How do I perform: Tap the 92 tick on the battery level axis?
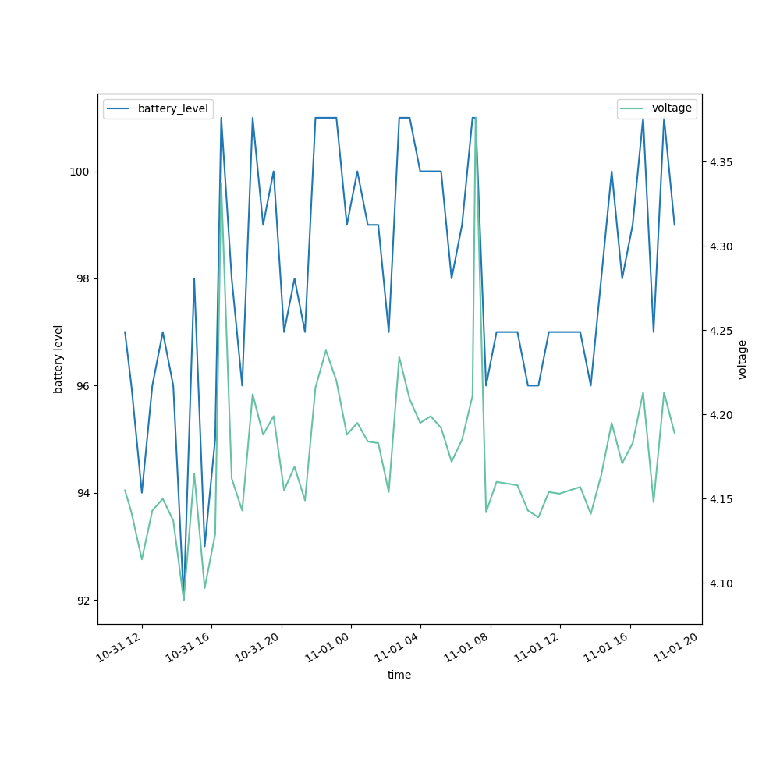[84, 601]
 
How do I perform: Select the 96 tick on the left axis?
[84, 386]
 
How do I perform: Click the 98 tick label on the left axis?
[84, 279]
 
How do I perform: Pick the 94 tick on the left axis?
[84, 493]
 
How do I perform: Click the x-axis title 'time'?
[399, 675]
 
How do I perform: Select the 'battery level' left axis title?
[58, 359]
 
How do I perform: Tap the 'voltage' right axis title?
[743, 359]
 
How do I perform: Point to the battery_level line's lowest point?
[184, 599]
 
